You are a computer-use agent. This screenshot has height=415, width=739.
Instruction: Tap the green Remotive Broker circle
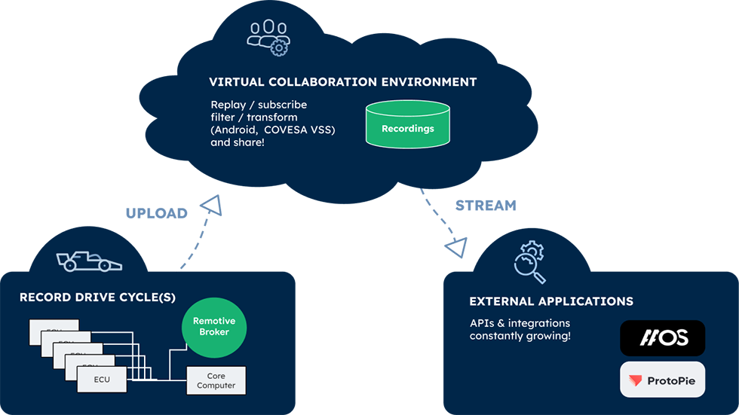point(214,326)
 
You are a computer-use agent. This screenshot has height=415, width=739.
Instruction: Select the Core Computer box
point(216,380)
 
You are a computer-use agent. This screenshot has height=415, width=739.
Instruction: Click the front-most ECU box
point(102,380)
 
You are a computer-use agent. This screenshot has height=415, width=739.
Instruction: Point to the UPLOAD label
point(156,213)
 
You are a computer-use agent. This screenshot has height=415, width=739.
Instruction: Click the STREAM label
point(486,205)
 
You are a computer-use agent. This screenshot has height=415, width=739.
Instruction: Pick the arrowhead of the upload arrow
point(212,204)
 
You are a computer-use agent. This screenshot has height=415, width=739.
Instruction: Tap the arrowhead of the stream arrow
point(455,248)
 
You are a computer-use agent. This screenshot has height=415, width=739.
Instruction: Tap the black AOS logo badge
point(662,338)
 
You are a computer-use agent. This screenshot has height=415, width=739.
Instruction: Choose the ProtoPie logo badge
point(662,380)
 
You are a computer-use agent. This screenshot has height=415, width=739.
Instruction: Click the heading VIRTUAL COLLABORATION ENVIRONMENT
point(343,81)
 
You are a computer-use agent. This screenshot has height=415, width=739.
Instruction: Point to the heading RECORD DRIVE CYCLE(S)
point(97,297)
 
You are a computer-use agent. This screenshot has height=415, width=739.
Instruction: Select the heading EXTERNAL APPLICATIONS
point(551,301)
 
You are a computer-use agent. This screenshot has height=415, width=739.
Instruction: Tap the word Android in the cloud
point(236,130)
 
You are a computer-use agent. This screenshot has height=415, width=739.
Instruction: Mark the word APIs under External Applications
point(482,323)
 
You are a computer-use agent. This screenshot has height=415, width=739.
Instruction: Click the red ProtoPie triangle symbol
point(636,381)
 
